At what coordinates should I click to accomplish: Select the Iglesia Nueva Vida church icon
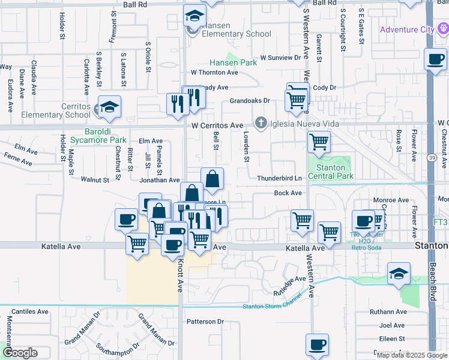coord(261,124)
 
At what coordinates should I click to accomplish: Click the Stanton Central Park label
coord(330,172)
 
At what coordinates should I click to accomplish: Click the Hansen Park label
coord(233,62)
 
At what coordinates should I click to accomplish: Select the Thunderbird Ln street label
coord(279,179)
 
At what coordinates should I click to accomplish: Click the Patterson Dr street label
coord(205,322)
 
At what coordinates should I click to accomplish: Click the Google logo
coord(20,353)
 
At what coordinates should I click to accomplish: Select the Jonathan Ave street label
coord(160,180)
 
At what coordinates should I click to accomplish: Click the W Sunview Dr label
coord(280,58)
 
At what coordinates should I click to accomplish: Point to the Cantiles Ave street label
coord(29,312)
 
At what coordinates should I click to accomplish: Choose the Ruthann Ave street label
coord(388,312)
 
